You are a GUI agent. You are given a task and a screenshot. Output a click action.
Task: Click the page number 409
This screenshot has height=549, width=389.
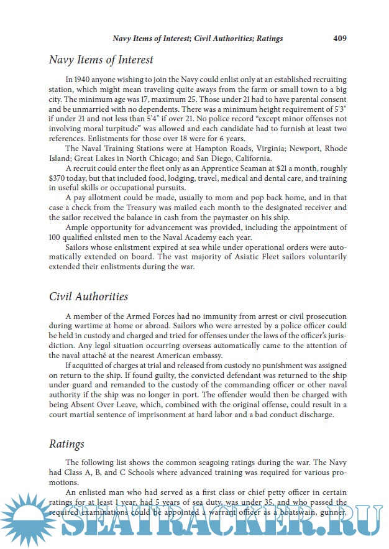tap(339, 38)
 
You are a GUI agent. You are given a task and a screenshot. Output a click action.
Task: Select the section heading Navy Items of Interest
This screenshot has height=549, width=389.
tap(101, 60)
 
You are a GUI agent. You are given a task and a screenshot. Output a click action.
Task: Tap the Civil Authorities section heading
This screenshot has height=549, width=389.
tap(88, 297)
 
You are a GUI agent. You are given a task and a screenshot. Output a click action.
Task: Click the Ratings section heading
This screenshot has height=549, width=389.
tap(66, 445)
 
